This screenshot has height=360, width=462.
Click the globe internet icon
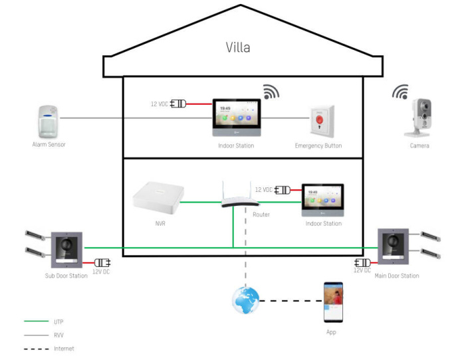[245, 300]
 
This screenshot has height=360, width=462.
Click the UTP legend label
[59, 321]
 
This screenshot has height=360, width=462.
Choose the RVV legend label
[59, 335]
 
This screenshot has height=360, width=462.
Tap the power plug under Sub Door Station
[102, 262]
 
